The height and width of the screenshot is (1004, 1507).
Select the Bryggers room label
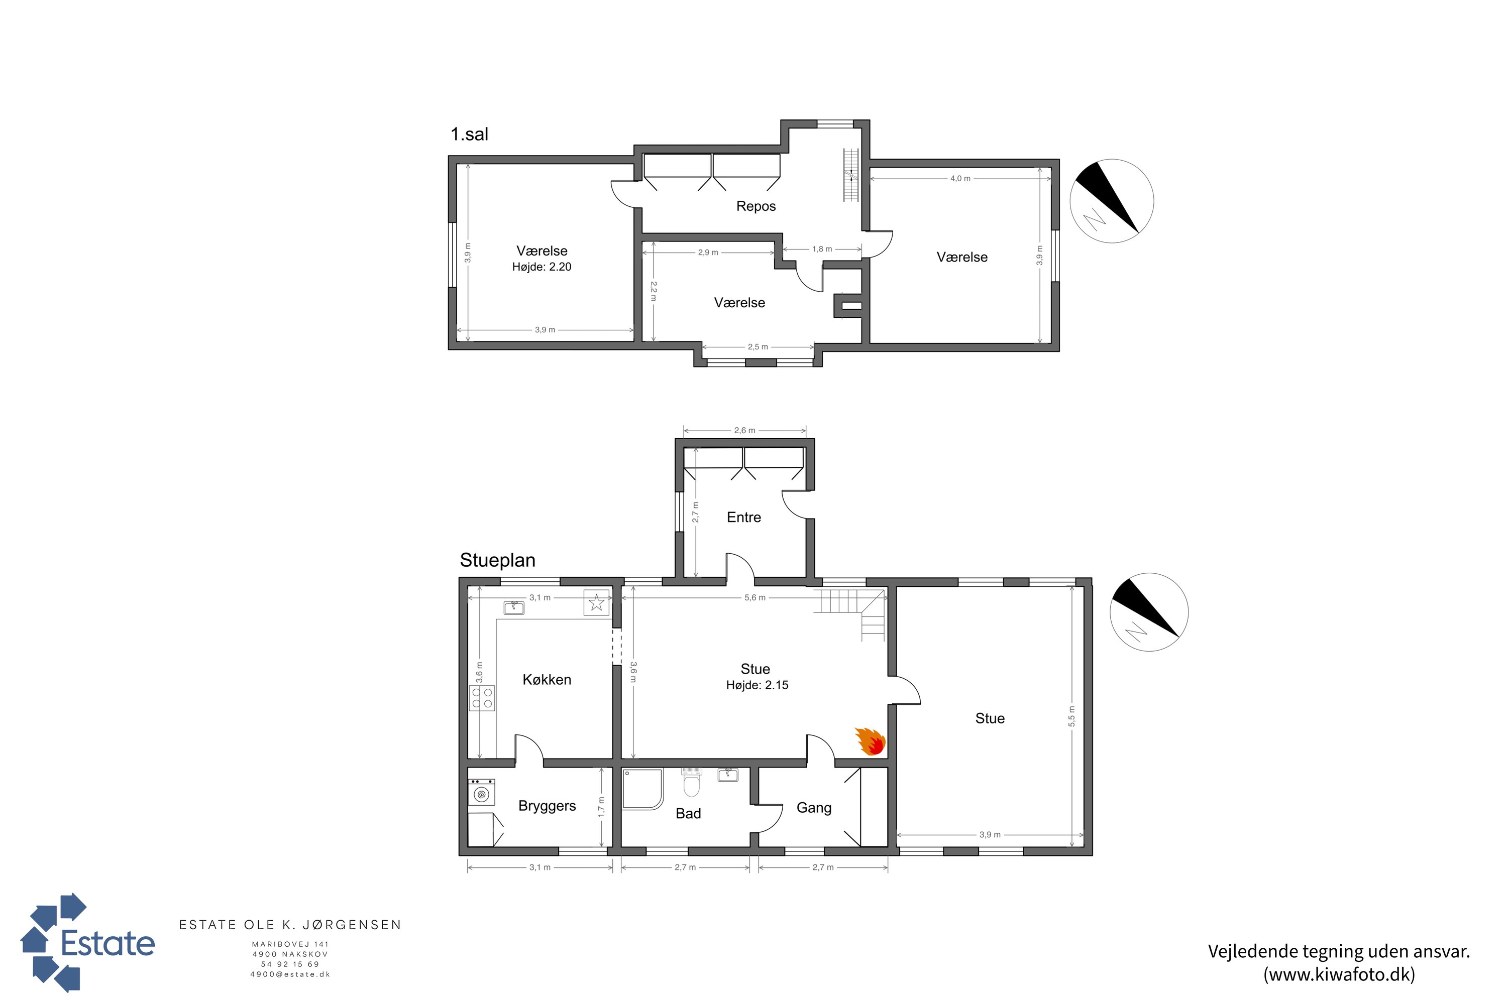[x=547, y=806]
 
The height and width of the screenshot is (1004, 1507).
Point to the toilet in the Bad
[x=691, y=783]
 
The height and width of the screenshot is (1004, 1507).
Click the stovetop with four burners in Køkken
[x=482, y=698]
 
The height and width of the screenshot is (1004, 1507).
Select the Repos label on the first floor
[x=756, y=206]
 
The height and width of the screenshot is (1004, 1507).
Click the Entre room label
[x=744, y=518]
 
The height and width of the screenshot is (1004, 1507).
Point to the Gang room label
[x=814, y=808]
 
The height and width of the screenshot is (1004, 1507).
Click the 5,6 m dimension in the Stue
[x=755, y=597]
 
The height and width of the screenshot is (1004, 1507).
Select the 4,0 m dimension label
[x=960, y=179]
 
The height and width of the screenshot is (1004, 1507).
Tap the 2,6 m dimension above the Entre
[x=744, y=430]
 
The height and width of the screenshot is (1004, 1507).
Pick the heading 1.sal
[x=469, y=135]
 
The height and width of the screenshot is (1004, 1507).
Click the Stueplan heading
[x=497, y=560]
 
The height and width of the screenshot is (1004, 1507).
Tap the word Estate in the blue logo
[x=107, y=943]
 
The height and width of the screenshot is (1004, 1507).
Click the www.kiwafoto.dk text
[x=1339, y=974]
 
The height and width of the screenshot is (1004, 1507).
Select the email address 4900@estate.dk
[x=290, y=974]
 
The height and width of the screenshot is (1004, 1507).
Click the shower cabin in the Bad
[x=642, y=789]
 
